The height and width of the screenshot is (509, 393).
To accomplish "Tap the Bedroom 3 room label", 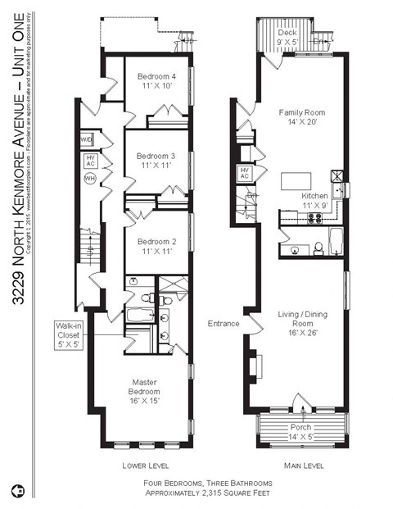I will click(x=156, y=160).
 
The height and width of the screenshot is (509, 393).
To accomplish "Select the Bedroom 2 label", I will click(x=156, y=246).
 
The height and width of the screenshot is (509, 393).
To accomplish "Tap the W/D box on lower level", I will click(x=87, y=140).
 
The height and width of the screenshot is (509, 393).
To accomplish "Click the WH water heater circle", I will click(x=90, y=178).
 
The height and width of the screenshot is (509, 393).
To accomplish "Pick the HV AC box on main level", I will click(x=244, y=173).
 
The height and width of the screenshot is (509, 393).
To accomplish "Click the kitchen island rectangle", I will click(x=296, y=180).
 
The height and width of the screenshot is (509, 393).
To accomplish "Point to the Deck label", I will click(x=287, y=37).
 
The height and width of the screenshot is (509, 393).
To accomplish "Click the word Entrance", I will click(x=224, y=324).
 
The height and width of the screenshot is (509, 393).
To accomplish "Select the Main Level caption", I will click(x=304, y=465).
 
